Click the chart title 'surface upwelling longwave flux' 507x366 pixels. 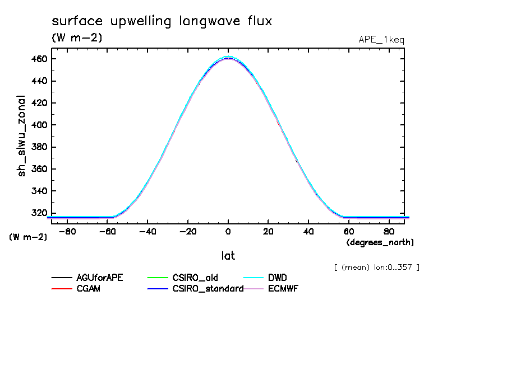click(x=162, y=21)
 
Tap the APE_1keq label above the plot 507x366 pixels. click(x=381, y=40)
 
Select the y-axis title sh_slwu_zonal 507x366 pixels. click(x=22, y=135)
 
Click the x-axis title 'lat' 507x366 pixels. click(x=228, y=256)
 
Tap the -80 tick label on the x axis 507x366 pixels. click(x=67, y=231)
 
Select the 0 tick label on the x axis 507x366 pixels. click(x=228, y=231)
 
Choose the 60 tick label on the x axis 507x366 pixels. click(x=348, y=231)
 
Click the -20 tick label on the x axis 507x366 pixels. click(x=188, y=231)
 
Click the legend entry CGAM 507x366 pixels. click(x=88, y=289)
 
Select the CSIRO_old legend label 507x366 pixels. click(x=195, y=278)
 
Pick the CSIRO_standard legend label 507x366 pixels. click(x=208, y=289)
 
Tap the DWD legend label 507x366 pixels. click(x=278, y=278)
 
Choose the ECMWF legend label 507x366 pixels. click(x=283, y=289)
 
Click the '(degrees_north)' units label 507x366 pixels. click(x=380, y=242)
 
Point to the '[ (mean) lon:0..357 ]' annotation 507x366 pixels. click(x=376, y=267)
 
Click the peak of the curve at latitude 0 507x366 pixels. click(x=228, y=57)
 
